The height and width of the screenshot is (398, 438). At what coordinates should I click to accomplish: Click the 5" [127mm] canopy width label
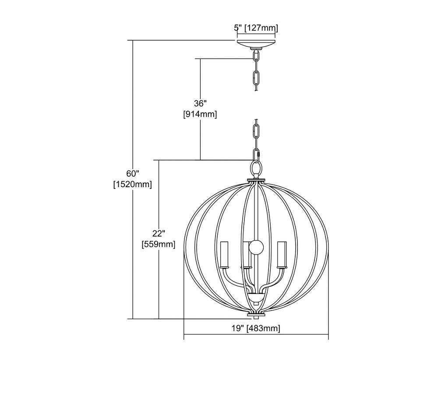[256, 28]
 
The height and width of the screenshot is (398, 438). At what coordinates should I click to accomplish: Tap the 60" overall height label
[133, 174]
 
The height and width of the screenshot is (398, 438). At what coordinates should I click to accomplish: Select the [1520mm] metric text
[133, 185]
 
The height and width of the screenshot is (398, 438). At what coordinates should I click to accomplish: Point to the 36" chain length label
[200, 104]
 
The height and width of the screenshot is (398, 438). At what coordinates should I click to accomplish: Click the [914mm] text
[200, 114]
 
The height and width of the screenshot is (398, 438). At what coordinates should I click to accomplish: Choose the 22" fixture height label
[159, 233]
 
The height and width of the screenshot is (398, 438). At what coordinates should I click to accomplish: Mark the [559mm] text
[159, 244]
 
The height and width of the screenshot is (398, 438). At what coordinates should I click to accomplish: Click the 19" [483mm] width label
[256, 328]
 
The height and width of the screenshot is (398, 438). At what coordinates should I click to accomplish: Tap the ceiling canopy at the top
[256, 44]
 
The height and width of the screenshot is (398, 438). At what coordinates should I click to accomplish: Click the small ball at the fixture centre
[256, 247]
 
